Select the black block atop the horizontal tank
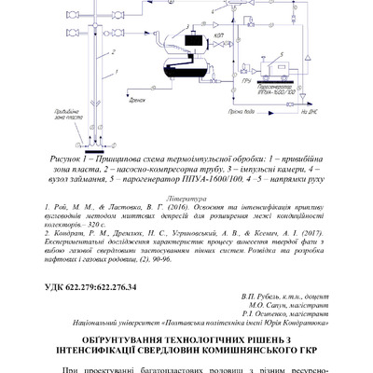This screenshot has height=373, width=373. pyautogui.click(x=193, y=41)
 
